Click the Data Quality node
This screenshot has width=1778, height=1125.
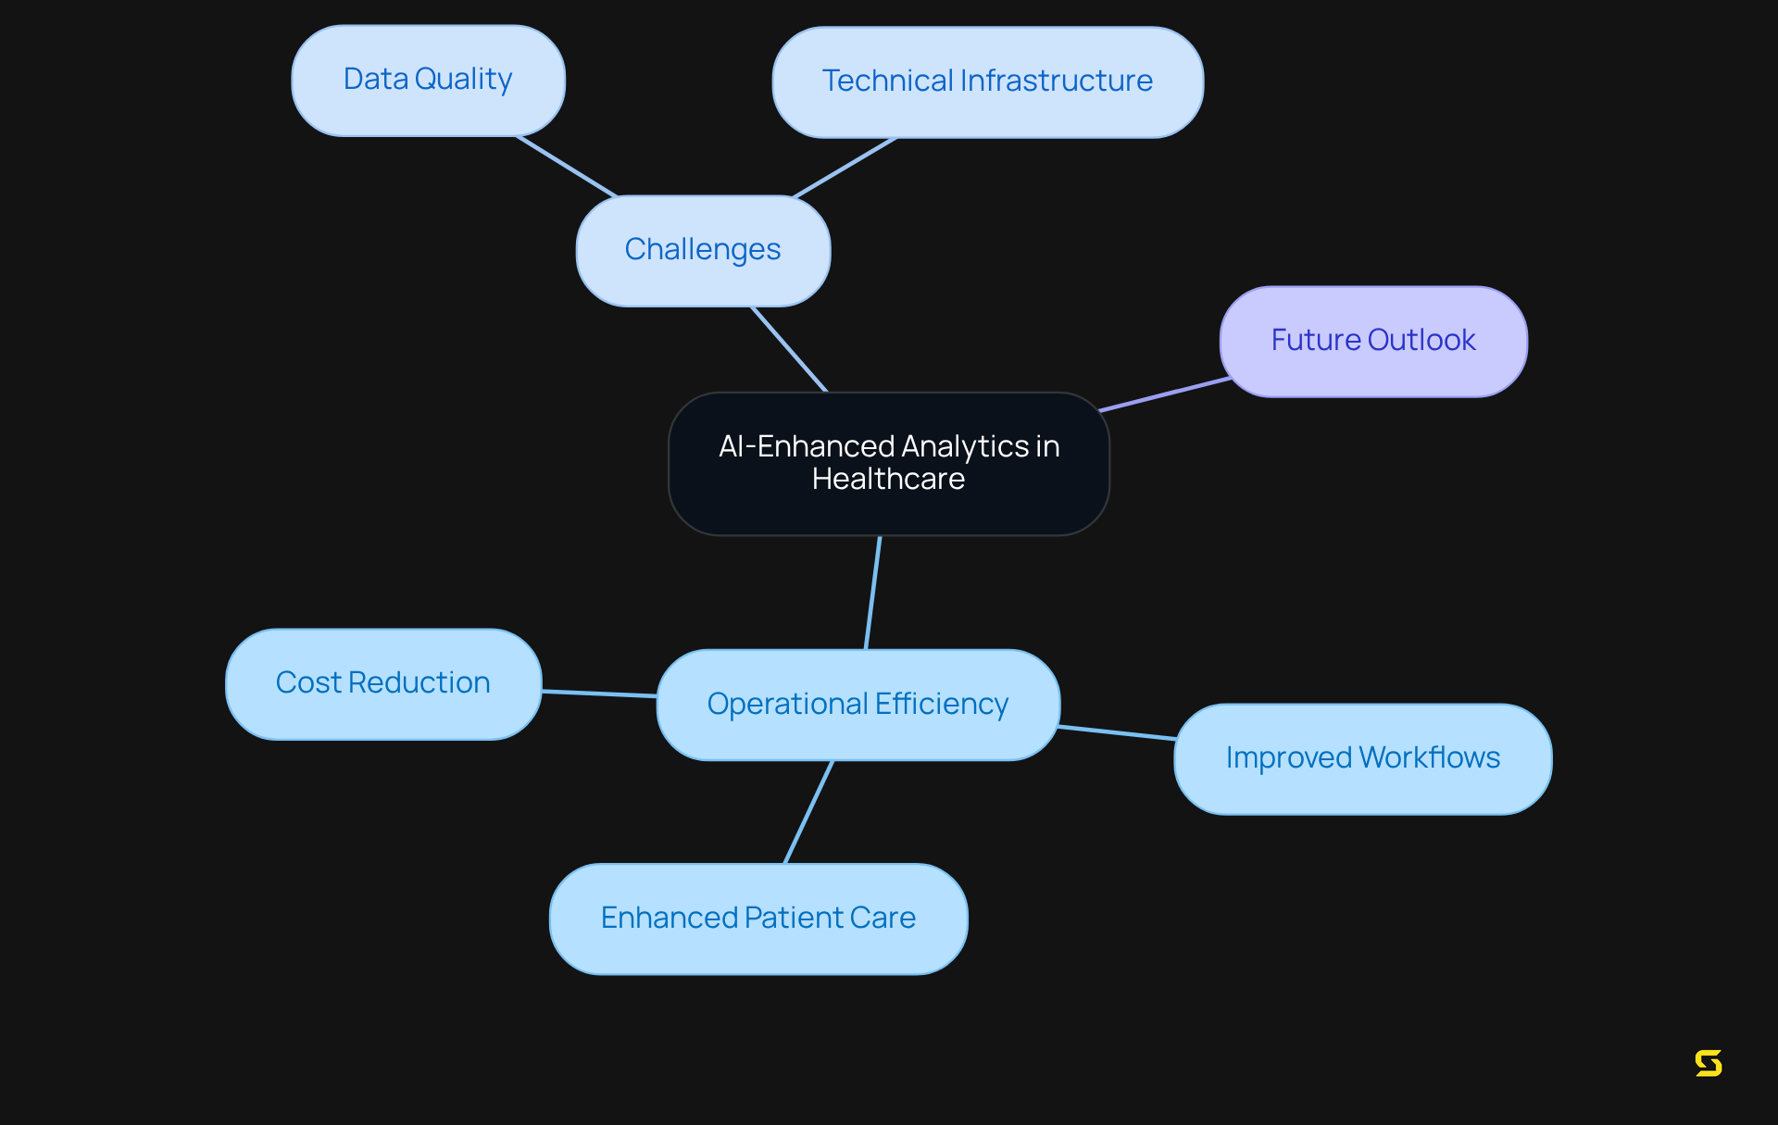pos(428,81)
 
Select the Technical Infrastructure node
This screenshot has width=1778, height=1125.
pos(987,82)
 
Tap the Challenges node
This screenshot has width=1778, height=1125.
pos(703,250)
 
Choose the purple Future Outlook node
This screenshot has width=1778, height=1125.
pos(1373,341)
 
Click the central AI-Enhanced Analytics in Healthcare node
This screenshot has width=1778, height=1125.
pos(889,463)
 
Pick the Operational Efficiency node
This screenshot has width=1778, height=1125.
pos(858,705)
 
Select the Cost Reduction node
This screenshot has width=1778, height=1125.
pos(383,683)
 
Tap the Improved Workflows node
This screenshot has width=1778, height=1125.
pos(1362,758)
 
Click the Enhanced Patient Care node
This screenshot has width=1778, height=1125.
pos(758,919)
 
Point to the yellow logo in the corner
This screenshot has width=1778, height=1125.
pos(1709,1063)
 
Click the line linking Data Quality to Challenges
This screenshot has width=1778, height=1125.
pos(567,167)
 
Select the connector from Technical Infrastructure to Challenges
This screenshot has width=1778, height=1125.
pos(845,168)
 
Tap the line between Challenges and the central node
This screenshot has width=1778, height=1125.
pos(789,349)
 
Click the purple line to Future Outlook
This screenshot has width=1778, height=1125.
pos(1165,394)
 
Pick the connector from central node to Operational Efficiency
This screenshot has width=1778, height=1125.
pos(872,593)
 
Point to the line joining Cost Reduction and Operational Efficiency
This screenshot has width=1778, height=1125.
pos(599,693)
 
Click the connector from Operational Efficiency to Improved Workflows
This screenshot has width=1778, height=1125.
pos(1117,732)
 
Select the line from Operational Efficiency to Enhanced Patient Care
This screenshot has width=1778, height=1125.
pos(808,812)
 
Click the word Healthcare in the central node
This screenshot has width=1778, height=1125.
pos(888,480)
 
